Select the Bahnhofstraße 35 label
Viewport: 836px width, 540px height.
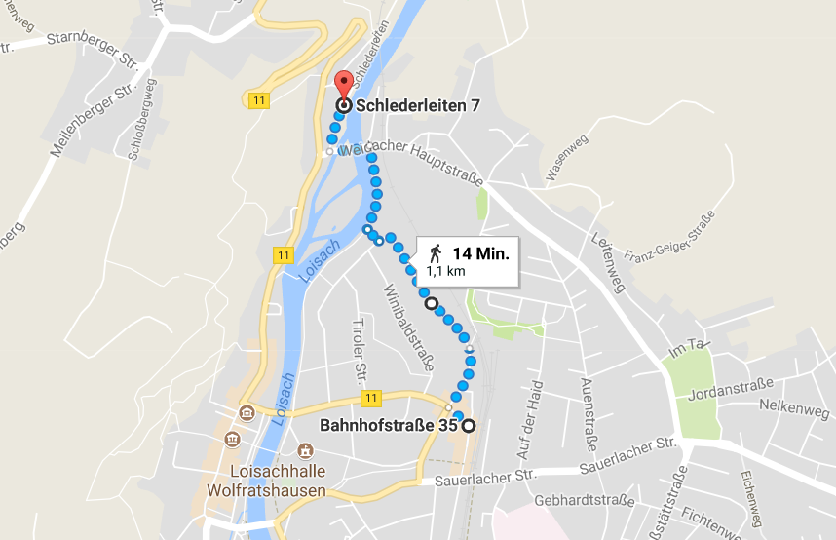coord(389,425)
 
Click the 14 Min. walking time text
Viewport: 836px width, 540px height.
coord(480,252)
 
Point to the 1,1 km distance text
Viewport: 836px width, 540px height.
coord(445,272)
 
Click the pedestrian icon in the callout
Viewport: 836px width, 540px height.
coord(435,253)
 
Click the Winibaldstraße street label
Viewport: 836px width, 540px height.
coord(407,322)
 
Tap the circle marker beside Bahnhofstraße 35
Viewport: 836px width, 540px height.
coord(469,425)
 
